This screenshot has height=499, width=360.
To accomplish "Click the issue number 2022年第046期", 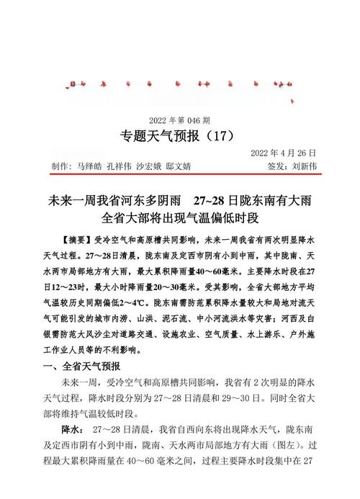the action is point(179,120).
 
